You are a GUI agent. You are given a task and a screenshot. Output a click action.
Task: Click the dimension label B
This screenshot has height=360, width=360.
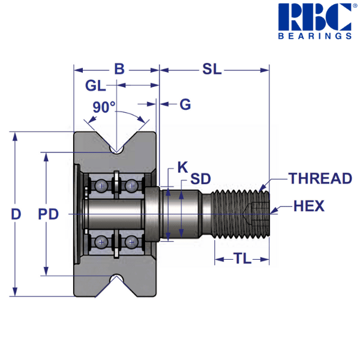click(119, 69)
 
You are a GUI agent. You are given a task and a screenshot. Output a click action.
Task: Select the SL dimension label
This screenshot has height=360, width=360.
click(212, 69)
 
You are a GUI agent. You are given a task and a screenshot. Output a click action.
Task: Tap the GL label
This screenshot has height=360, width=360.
click(95, 86)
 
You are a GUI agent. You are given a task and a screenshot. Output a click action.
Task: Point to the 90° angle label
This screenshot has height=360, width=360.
click(104, 107)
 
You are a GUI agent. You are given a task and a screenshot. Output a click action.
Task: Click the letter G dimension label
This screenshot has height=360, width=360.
click(185, 104)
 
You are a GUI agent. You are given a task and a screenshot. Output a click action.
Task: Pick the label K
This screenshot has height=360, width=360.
click(182, 167)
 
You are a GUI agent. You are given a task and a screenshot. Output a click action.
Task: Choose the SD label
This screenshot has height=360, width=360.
click(200, 179)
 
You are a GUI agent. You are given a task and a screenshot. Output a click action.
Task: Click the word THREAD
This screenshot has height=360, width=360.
click(320, 178)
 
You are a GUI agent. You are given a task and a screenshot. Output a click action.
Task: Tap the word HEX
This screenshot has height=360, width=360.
click(309, 206)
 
